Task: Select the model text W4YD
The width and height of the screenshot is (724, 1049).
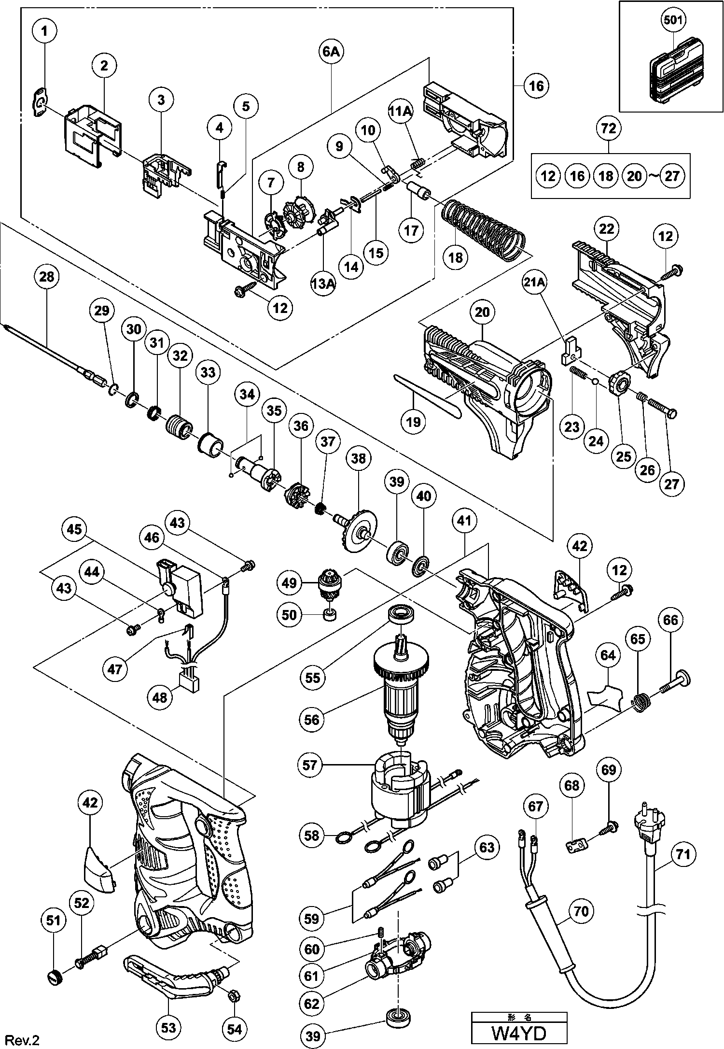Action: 518,1031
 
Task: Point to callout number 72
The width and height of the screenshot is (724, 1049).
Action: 609,128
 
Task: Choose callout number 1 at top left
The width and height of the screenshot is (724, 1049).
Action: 45,32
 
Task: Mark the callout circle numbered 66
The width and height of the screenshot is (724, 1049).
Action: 671,620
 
